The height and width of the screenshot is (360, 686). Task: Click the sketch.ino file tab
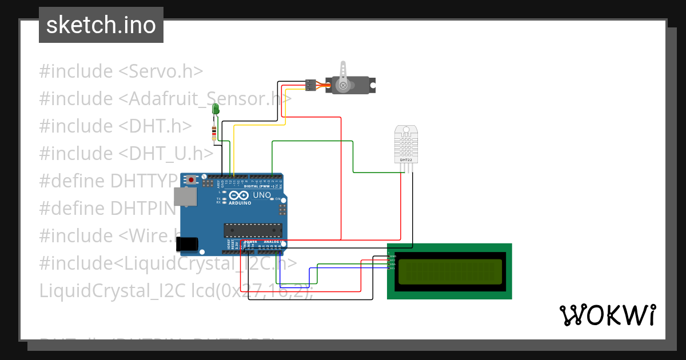pyautogui.click(x=101, y=25)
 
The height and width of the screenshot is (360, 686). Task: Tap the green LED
pyautogui.click(x=216, y=109)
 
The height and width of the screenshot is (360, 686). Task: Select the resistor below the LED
pyautogui.click(x=214, y=133)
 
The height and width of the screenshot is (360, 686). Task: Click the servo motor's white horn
pyautogui.click(x=344, y=75)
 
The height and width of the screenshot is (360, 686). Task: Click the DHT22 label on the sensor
pyautogui.click(x=406, y=159)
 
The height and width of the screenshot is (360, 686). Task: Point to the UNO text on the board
pyautogui.click(x=261, y=195)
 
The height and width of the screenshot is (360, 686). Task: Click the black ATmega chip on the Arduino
pyautogui.click(x=253, y=230)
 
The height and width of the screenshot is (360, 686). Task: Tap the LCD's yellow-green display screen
pyautogui.click(x=450, y=271)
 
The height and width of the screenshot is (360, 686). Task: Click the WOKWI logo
pyautogui.click(x=607, y=315)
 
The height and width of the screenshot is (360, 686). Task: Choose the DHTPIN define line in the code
pyautogui.click(x=107, y=208)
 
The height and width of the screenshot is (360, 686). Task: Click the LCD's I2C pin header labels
pyautogui.click(x=392, y=261)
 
